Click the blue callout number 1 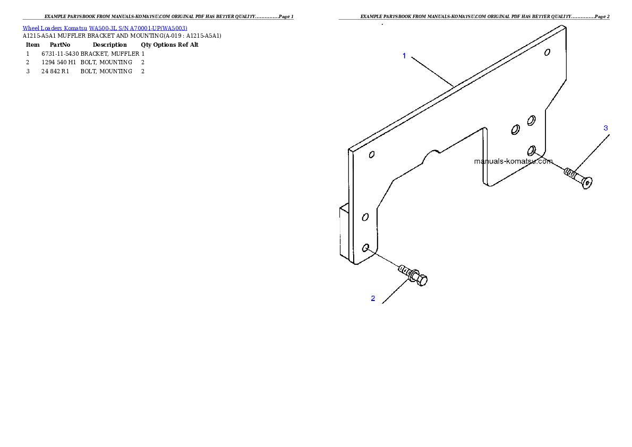pos(404,56)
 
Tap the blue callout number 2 pos(373,298)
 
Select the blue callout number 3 pos(605,128)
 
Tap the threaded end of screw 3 pos(570,173)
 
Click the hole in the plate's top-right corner pos(547,52)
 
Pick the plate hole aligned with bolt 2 pos(365,247)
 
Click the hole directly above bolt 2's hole pos(365,217)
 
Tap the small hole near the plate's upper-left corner pos(372,154)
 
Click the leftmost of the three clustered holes pos(515,129)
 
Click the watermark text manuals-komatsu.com pos(513,161)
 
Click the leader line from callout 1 pos(432,71)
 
